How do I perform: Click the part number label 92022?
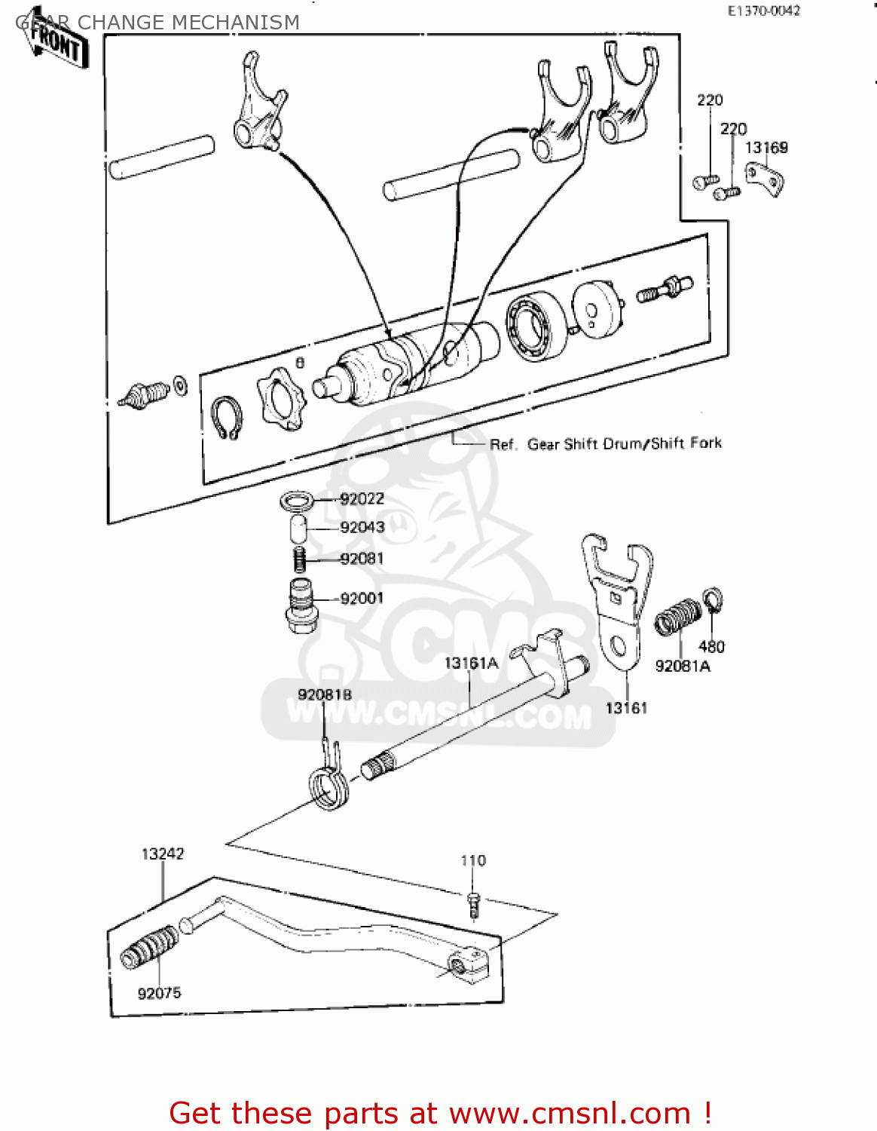click(x=362, y=499)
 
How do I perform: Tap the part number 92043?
click(x=362, y=528)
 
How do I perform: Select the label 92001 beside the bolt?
click(x=362, y=599)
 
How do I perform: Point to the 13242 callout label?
click(x=163, y=854)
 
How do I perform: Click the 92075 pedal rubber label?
click(x=159, y=994)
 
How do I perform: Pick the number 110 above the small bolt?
click(x=473, y=860)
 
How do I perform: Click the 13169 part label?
click(x=766, y=148)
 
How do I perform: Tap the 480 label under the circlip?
click(x=711, y=647)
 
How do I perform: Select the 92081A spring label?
click(x=683, y=666)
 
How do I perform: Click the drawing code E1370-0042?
click(x=763, y=11)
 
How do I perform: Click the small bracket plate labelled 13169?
click(x=765, y=179)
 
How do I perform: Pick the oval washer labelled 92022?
click(x=297, y=501)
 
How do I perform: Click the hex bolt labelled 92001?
click(x=301, y=606)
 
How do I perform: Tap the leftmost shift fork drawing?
click(x=259, y=106)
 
